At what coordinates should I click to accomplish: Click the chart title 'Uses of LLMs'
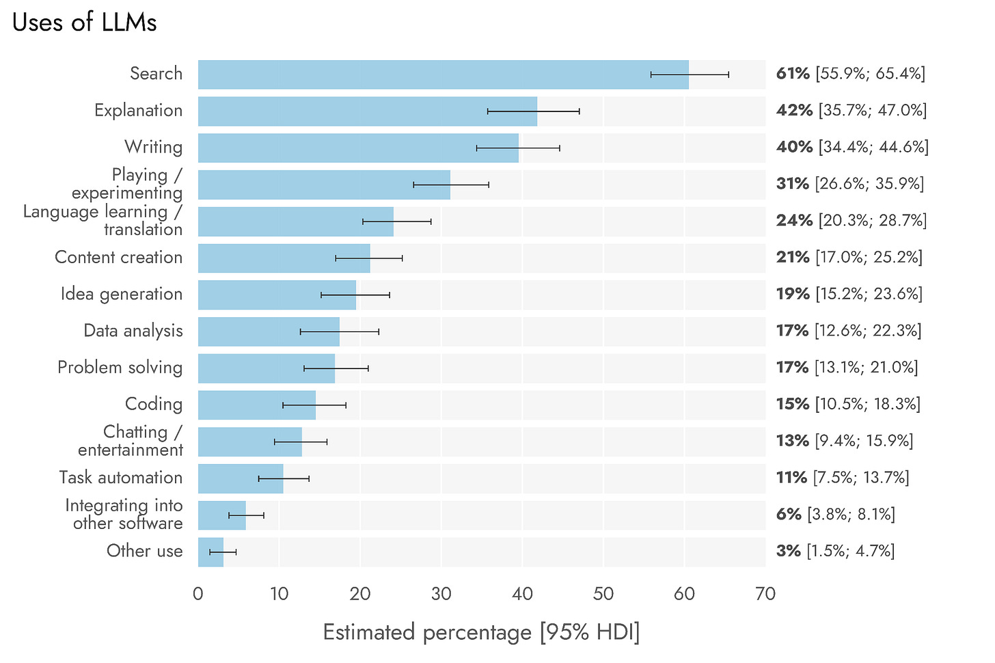point(85,23)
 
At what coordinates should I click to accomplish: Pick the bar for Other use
point(210,552)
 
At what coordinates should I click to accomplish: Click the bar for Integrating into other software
point(221,515)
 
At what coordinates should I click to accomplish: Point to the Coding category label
point(154,404)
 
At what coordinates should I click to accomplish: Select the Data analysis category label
point(133,331)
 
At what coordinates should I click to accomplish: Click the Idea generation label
point(122,294)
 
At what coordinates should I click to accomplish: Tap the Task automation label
point(121,478)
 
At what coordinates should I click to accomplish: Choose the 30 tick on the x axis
point(441,594)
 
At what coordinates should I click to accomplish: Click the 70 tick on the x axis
point(765,594)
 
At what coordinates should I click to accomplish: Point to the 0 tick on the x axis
point(198,594)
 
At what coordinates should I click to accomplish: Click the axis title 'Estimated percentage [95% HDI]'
point(481,632)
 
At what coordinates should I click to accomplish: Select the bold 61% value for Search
point(793,74)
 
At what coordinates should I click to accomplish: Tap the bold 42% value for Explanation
point(794,111)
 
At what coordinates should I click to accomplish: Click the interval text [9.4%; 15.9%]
point(864,441)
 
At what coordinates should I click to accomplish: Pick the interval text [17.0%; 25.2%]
point(869,258)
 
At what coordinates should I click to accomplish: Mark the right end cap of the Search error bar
point(728,75)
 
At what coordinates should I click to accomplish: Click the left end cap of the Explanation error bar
point(487,111)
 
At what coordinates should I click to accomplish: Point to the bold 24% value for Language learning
point(794,221)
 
